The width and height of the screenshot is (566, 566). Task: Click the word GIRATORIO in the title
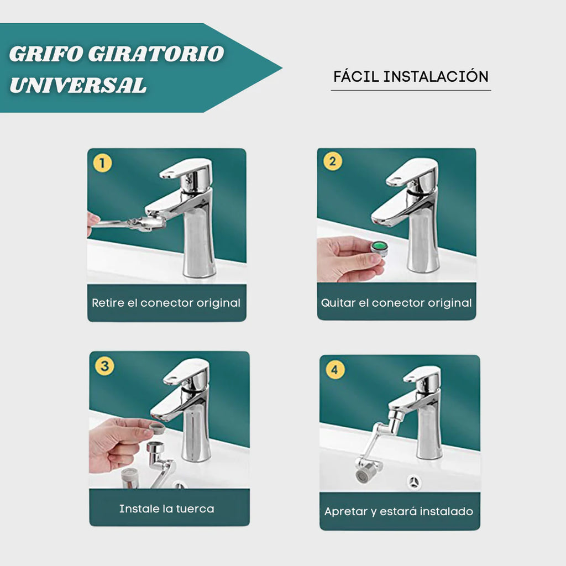[156, 54]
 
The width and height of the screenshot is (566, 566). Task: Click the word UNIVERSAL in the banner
[78, 85]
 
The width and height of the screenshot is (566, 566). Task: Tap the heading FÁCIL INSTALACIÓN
[411, 76]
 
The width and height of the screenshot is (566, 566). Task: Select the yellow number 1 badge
[102, 163]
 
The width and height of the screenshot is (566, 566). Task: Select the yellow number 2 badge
[332, 161]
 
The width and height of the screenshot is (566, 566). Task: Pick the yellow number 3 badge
[104, 366]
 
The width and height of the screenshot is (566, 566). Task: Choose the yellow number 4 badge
[335, 369]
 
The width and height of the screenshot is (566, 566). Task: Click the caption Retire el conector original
[166, 303]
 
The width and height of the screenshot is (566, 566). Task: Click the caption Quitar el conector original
[396, 303]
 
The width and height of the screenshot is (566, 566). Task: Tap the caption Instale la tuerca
[166, 509]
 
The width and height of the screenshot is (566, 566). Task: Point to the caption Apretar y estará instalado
[399, 511]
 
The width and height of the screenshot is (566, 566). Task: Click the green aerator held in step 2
[379, 247]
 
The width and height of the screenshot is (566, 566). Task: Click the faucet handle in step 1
[187, 168]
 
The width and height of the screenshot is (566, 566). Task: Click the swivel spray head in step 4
[368, 472]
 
